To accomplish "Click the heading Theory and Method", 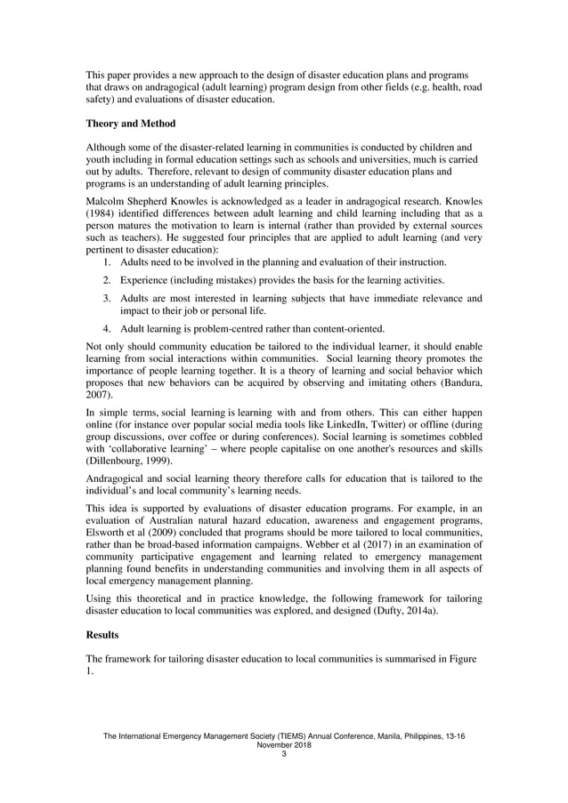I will tap(131, 123).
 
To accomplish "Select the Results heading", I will tap(103, 636).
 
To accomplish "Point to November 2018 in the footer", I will tap(283, 746).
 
